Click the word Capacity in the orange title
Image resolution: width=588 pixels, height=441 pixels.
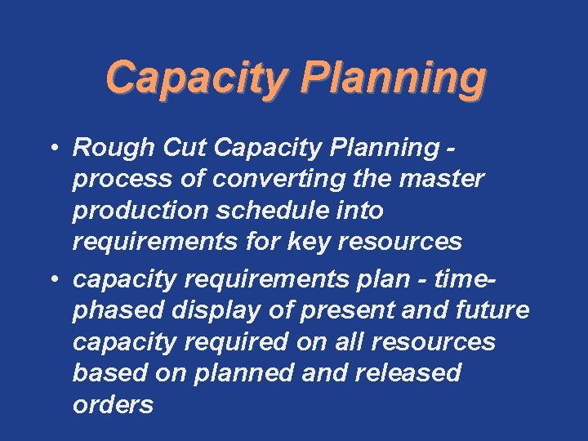(x=197, y=78)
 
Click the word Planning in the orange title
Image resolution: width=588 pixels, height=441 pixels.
(x=392, y=78)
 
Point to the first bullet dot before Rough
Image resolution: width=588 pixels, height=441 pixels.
(x=51, y=148)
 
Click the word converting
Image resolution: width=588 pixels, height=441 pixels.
(x=268, y=179)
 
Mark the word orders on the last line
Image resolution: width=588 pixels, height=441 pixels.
(x=113, y=405)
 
